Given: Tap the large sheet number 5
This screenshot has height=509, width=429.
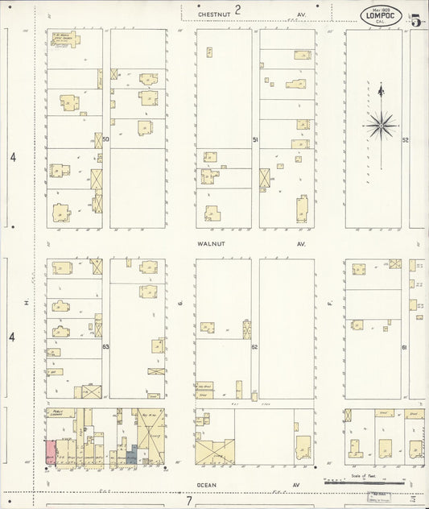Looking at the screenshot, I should (416, 20).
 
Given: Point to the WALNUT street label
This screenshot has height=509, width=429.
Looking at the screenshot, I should (208, 242).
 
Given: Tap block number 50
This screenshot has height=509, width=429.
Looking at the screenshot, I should (105, 140).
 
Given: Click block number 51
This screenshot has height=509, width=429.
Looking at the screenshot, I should (255, 140).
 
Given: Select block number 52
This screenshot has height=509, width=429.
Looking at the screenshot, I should (406, 140).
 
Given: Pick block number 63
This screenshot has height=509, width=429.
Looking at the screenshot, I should (105, 346).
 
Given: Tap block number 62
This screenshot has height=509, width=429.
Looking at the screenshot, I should (254, 346).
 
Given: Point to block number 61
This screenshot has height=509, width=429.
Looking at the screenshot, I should (405, 346).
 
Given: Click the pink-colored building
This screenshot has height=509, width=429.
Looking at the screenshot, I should (50, 452).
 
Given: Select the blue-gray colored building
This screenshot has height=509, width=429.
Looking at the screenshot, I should (131, 457).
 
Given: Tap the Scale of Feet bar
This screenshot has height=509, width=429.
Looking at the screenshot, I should (342, 482).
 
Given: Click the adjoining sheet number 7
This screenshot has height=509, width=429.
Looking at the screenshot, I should (188, 501).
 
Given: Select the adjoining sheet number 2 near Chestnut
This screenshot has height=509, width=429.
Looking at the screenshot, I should (238, 9).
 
